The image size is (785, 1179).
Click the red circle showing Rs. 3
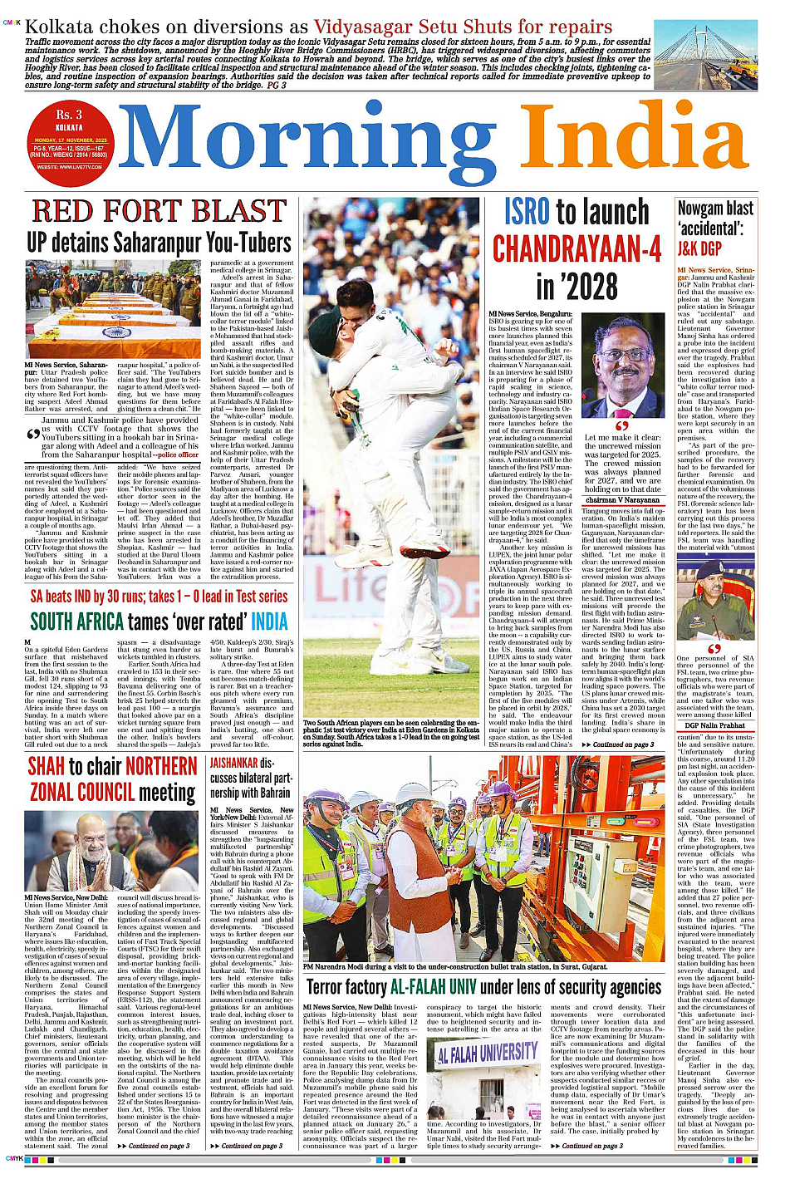tap(69, 140)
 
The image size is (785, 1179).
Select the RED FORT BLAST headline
tap(159, 213)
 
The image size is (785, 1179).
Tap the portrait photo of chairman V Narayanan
tap(623, 366)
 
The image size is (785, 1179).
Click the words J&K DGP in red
tap(699, 248)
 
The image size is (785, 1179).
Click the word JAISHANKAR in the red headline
tap(233, 763)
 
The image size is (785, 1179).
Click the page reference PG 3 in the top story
tap(277, 85)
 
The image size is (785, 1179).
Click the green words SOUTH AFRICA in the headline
tap(77, 621)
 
